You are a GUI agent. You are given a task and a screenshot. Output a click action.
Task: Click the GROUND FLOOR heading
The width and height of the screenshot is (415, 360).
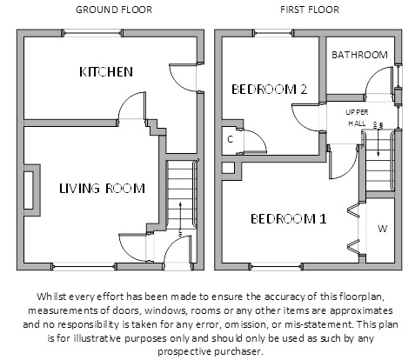(x=114, y=10)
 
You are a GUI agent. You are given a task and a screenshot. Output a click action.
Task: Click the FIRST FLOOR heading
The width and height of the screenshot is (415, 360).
(x=310, y=10)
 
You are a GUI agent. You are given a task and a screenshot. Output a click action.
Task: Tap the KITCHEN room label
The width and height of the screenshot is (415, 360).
(x=106, y=72)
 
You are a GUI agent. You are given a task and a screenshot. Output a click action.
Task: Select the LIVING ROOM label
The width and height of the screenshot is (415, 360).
(x=102, y=189)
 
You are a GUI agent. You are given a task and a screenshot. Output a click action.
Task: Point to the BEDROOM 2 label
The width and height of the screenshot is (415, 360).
(x=269, y=90)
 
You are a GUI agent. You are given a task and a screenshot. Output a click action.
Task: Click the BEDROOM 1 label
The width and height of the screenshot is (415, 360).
(x=289, y=219)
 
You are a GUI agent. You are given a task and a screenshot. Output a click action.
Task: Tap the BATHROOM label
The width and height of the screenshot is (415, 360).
(x=359, y=55)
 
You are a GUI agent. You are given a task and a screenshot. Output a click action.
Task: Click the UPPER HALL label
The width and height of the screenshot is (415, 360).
(x=357, y=117)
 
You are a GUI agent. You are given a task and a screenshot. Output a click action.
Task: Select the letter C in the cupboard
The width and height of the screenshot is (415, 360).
(x=231, y=140)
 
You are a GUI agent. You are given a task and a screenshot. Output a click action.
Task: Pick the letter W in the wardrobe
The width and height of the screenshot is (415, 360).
(x=383, y=229)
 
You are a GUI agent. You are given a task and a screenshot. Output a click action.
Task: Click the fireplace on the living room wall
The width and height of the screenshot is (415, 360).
(x=32, y=190)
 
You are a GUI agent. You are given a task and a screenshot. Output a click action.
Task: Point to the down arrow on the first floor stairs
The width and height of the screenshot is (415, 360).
(x=378, y=142)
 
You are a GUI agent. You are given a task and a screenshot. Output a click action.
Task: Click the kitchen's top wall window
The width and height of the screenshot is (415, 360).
(x=92, y=33)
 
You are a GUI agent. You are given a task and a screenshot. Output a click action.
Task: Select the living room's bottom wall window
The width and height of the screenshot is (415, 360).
(x=84, y=267)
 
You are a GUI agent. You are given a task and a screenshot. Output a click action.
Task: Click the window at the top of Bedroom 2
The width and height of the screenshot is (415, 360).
(x=273, y=33)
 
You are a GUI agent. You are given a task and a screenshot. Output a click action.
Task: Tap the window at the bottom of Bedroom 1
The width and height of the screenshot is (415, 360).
(x=276, y=267)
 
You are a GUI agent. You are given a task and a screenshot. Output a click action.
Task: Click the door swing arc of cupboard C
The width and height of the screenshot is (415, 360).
(x=260, y=137)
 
